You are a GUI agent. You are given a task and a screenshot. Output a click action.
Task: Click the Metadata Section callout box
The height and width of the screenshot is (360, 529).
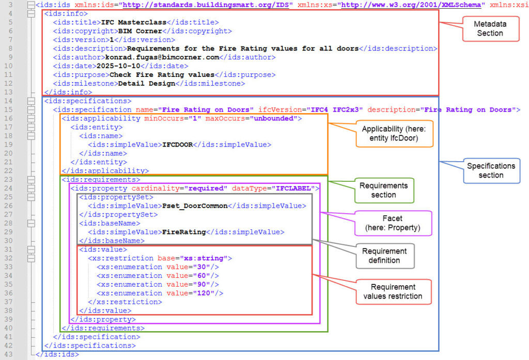pos(490,29)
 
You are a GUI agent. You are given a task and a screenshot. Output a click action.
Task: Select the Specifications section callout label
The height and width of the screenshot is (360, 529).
pos(491,170)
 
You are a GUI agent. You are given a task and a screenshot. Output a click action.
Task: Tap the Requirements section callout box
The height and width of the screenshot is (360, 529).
pos(383,190)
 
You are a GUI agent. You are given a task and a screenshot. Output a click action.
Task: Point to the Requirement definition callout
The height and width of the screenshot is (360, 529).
pos(384,256)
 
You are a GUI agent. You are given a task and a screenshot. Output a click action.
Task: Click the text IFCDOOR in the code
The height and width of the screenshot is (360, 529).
pos(178,145)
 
